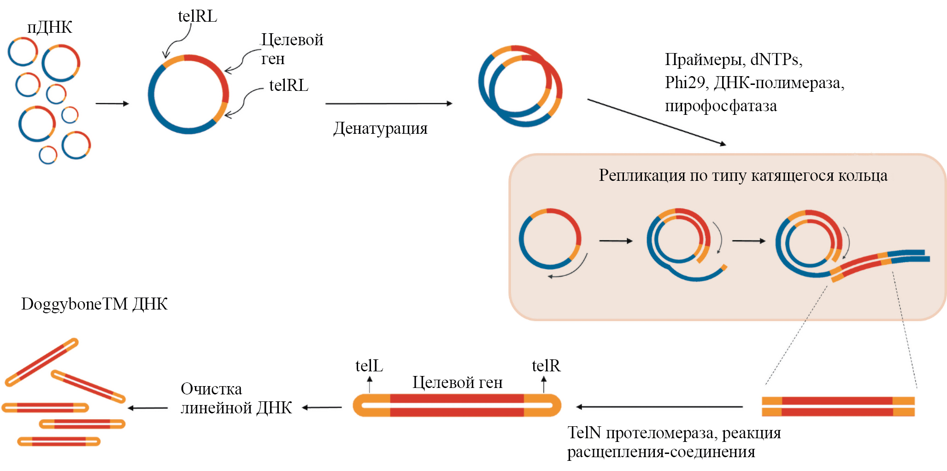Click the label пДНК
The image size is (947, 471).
49,27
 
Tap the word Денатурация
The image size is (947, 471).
380,128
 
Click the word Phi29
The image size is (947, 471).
684,83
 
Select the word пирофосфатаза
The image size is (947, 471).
720,106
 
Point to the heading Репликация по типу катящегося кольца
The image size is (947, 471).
743,175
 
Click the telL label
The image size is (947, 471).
369,366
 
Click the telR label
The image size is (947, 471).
546,366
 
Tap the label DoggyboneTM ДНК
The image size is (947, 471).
94,304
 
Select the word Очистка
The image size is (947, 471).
211,389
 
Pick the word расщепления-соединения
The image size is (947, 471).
661,452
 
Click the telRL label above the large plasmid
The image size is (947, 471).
197,16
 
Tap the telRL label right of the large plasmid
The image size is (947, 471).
288,85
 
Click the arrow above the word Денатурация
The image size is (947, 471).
388,103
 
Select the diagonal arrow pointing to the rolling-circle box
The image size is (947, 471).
656,122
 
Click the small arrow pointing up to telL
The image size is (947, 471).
370,384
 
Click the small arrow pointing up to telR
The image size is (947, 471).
544,384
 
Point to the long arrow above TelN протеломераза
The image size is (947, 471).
659,407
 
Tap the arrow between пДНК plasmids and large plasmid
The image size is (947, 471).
112,103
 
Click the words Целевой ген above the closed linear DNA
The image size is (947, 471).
457,382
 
